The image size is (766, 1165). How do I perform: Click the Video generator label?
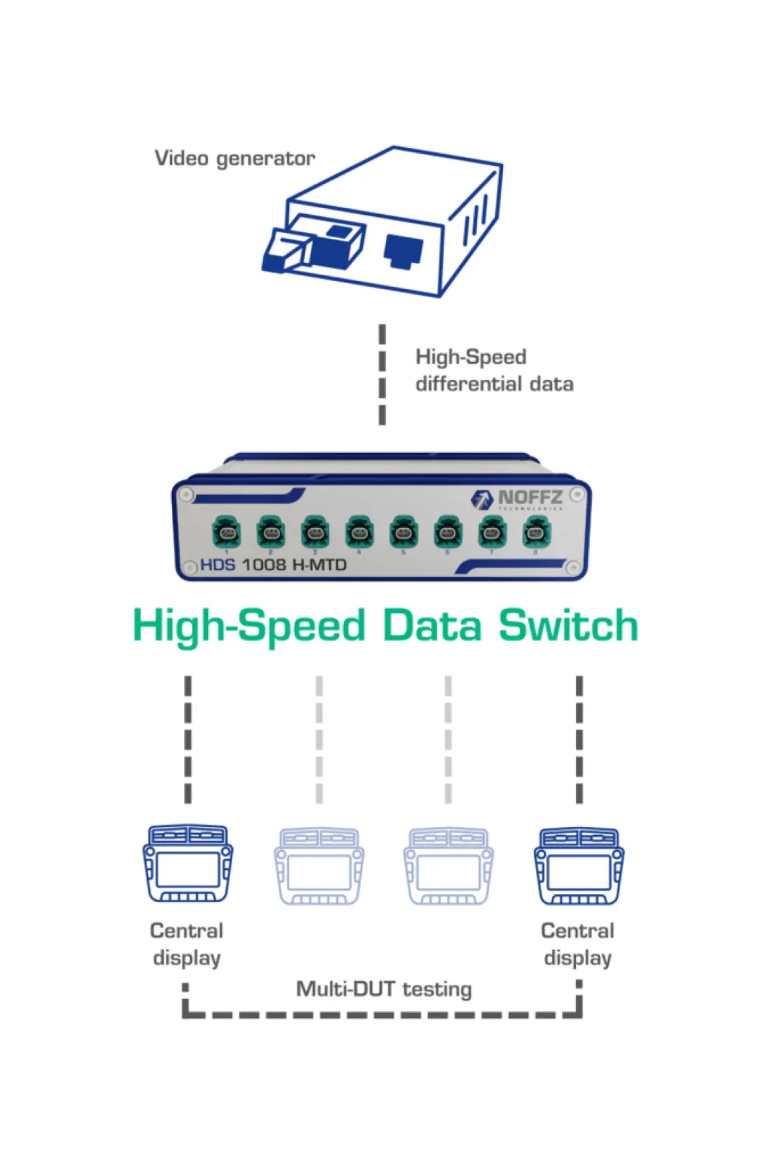click(x=234, y=159)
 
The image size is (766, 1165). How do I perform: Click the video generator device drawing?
click(x=382, y=222)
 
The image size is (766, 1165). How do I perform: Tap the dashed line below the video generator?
click(x=382, y=374)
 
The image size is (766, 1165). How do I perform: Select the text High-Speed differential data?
click(x=494, y=371)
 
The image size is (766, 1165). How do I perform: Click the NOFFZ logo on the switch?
click(x=518, y=499)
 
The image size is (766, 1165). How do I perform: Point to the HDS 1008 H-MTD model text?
click(x=273, y=565)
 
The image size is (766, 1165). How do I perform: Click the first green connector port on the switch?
click(x=226, y=532)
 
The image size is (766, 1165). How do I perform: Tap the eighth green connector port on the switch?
click(x=537, y=532)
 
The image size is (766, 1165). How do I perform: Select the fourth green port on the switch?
click(x=359, y=532)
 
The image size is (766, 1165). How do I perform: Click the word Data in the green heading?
click(x=432, y=626)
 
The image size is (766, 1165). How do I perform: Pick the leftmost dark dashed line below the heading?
click(x=188, y=739)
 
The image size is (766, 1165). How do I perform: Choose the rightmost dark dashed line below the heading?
click(x=579, y=739)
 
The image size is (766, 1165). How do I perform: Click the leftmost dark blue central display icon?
click(x=188, y=864)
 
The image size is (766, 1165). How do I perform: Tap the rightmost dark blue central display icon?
click(x=579, y=866)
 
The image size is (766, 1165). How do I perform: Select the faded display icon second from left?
click(x=319, y=866)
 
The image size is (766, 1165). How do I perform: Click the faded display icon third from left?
click(x=448, y=866)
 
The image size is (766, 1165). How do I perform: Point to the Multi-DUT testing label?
click(x=384, y=989)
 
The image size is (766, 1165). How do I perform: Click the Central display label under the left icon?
click(x=186, y=944)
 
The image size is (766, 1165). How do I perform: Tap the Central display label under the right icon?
click(x=577, y=944)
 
